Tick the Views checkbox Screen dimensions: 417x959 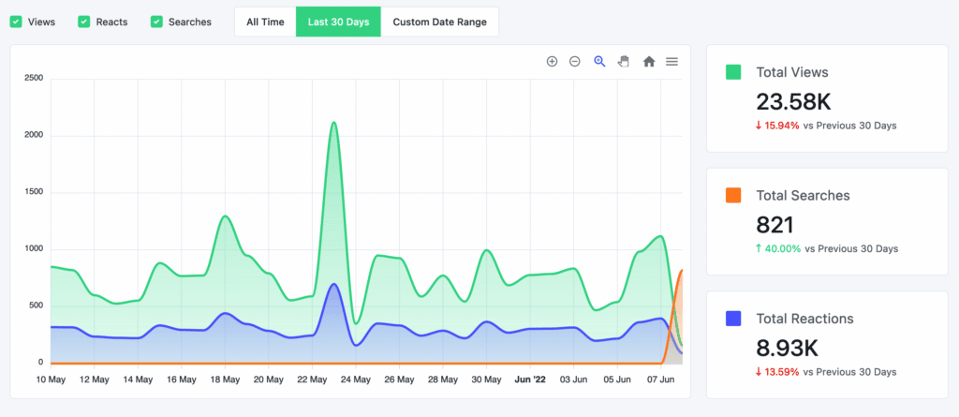pos(16,22)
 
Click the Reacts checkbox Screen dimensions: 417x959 pos(84,22)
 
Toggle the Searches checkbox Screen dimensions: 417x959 pos(156,22)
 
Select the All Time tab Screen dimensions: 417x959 pos(265,22)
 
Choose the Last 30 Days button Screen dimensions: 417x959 pos(338,22)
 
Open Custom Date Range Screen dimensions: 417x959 pos(439,22)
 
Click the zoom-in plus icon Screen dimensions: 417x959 pos(552,62)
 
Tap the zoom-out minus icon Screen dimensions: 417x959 pos(575,62)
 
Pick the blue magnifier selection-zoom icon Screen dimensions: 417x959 pos(599,62)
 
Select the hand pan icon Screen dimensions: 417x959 pos(624,62)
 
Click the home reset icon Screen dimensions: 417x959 pos(648,62)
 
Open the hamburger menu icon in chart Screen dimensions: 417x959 pos(671,62)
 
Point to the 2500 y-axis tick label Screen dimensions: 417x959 pos(34,79)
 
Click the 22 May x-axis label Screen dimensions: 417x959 pos(312,380)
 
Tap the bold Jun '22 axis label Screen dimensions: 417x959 pos(530,380)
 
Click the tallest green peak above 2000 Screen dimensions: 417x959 pos(333,123)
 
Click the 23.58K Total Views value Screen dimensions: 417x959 pos(792,102)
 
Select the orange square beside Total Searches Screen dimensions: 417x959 pos(734,195)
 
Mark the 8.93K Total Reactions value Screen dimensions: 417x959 pos(788,348)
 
